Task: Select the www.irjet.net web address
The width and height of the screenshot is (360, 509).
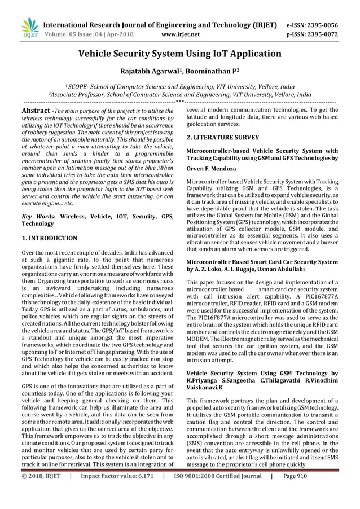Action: pos(180,34)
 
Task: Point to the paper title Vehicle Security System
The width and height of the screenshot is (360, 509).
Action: pos(179,54)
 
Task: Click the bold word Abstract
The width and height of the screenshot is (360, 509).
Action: pos(35,111)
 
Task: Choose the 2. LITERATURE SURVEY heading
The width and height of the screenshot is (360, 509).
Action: pos(222,137)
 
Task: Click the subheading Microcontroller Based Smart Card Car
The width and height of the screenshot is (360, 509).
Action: pos(262,262)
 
